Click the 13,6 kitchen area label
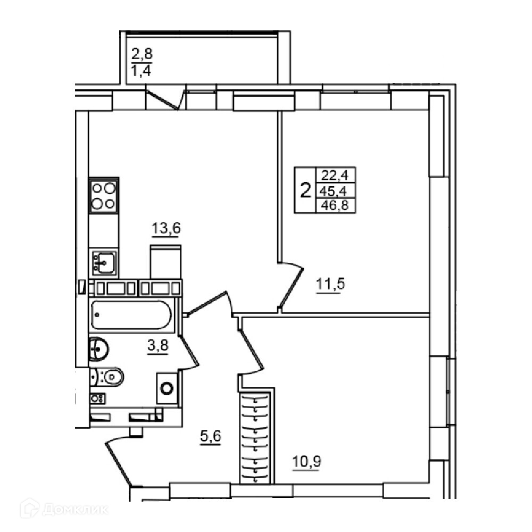tap(166, 229)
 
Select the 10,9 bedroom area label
tap(307, 461)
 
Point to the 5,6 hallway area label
tap(211, 436)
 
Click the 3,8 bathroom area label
tap(158, 346)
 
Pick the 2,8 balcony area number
tap(142, 54)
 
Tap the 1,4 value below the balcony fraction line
tap(141, 71)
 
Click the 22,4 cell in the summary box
tap(335, 176)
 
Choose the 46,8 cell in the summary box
tap(335, 205)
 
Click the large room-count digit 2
tap(306, 190)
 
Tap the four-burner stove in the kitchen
tap(104, 195)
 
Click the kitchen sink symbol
tap(104, 263)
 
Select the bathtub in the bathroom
tap(131, 314)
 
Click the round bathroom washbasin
tap(98, 349)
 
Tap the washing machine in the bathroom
tap(167, 388)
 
